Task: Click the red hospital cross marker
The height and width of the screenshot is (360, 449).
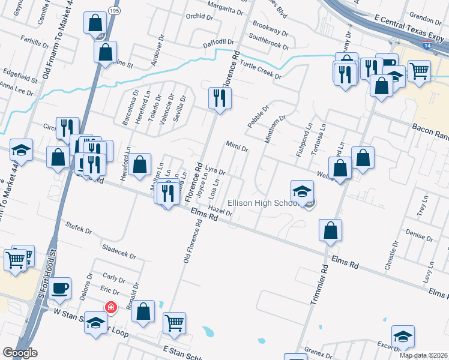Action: tap(110, 307)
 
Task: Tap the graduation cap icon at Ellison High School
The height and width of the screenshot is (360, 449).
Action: tap(302, 191)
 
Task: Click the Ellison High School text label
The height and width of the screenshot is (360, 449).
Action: tap(263, 203)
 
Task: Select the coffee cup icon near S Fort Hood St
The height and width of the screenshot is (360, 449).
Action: tap(60, 288)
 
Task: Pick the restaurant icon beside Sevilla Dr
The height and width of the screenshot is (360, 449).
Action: tap(220, 98)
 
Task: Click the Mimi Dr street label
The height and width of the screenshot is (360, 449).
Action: tap(237, 146)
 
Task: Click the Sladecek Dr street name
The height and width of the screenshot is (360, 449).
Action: tap(120, 251)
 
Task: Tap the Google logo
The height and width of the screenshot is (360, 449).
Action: tap(20, 353)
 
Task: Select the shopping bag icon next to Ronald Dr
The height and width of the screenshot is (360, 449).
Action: tap(143, 312)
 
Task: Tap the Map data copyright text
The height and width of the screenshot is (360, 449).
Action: tap(423, 355)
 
